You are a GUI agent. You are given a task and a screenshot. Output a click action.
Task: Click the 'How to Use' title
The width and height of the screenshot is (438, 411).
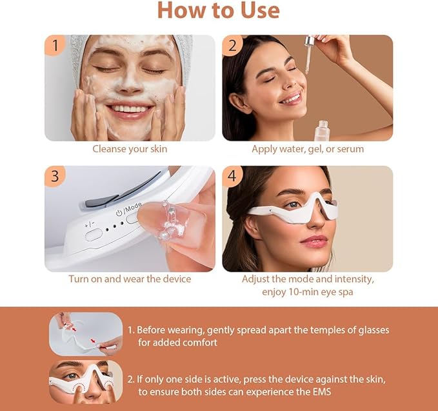point(219,10)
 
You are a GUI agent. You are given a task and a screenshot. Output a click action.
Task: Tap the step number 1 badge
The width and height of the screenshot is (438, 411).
point(55,45)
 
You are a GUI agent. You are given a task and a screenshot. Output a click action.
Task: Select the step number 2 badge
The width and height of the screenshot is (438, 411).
point(232,45)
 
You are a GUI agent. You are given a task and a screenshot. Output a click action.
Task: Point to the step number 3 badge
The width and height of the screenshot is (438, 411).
point(55,175)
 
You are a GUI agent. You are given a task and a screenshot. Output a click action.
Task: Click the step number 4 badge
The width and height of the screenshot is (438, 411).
point(232,175)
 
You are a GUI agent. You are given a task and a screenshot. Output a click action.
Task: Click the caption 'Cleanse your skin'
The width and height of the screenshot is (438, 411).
point(130,149)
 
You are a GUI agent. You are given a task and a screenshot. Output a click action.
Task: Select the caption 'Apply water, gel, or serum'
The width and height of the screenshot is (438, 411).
point(308,149)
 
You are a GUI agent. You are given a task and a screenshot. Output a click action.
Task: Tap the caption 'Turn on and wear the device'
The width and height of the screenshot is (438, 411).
point(130,279)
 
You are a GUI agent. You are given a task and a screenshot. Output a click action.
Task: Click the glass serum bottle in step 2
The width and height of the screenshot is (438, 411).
point(322,130)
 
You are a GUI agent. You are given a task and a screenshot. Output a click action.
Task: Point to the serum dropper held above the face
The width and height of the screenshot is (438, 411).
point(309,54)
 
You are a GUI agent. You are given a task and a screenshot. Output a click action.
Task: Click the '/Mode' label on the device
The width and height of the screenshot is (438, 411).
point(132,207)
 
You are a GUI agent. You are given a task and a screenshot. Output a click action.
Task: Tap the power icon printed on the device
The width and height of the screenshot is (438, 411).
point(119,213)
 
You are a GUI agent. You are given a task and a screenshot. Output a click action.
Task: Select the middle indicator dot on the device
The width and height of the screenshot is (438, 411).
point(115,226)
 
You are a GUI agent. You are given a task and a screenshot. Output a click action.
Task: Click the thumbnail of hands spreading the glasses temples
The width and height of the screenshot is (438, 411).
point(86,334)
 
